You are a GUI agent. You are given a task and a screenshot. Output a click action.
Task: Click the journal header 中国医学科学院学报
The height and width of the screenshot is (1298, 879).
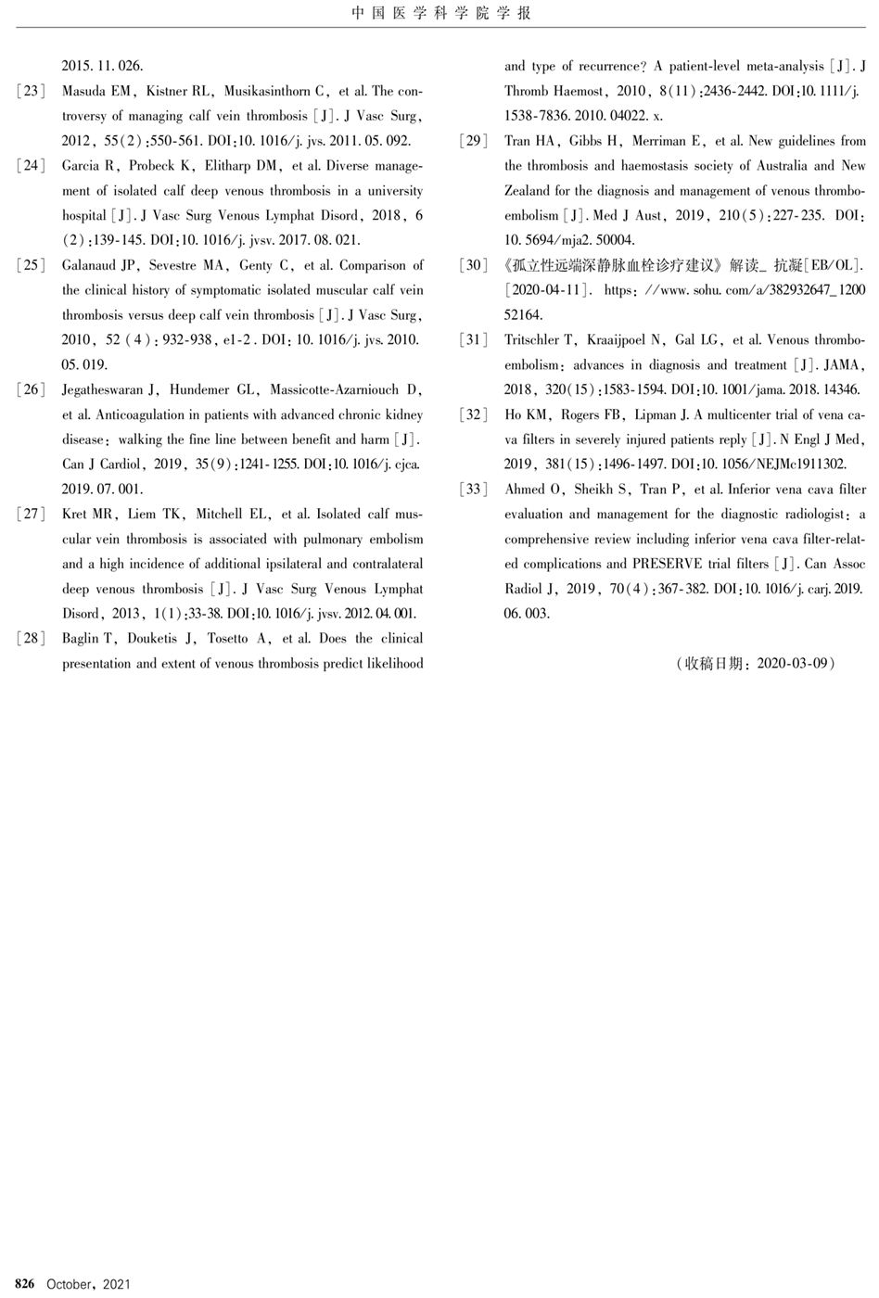[x=441, y=13]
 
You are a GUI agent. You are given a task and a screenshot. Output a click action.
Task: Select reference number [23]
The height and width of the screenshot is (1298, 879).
[x=31, y=91]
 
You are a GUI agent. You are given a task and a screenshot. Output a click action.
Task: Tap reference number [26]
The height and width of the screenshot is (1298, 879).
[x=31, y=389]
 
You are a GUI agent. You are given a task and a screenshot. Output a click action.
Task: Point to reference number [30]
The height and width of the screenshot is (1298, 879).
[x=474, y=265]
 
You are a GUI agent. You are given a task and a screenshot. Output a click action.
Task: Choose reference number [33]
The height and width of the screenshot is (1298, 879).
[x=474, y=490]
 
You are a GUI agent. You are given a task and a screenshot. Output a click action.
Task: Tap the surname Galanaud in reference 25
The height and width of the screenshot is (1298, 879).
[x=91, y=265]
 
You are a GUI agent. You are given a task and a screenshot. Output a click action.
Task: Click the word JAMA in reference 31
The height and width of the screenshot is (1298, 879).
[x=841, y=365]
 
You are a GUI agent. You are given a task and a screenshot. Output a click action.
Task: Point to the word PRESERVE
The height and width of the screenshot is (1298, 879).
[x=668, y=564]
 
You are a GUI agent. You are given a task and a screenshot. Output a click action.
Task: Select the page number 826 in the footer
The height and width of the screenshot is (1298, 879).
[x=25, y=1284]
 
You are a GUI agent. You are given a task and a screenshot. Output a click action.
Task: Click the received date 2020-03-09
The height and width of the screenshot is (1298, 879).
[x=795, y=664]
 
